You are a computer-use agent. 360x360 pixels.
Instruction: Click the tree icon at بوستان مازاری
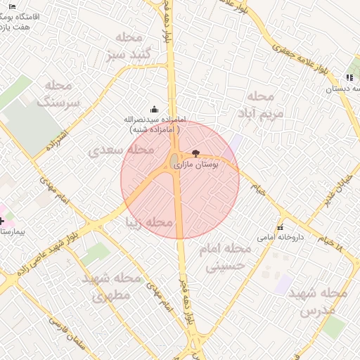195,153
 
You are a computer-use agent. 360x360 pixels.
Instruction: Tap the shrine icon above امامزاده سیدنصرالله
154,109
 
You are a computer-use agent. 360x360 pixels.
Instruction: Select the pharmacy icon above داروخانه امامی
281,228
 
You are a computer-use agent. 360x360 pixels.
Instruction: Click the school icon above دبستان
349,78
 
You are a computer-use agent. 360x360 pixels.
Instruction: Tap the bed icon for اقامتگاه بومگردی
12,6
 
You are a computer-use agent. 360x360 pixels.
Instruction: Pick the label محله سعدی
122,150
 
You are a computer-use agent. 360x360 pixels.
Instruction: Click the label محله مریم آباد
265,103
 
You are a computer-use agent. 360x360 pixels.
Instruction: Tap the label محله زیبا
148,222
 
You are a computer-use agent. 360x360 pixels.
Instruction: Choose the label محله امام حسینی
225,257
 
